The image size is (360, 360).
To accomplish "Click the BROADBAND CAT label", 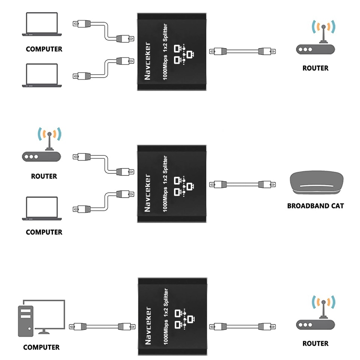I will (315, 205).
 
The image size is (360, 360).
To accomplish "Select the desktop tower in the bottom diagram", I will (25, 321).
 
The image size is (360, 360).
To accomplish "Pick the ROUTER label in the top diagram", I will (315, 68).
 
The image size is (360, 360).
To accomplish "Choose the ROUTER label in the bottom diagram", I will (315, 343).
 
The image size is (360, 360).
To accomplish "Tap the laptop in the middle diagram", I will (42, 208).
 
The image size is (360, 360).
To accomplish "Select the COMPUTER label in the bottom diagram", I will (41, 347).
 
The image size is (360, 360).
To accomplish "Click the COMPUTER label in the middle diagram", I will (44, 232).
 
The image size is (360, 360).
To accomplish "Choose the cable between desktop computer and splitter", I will (102, 326).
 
